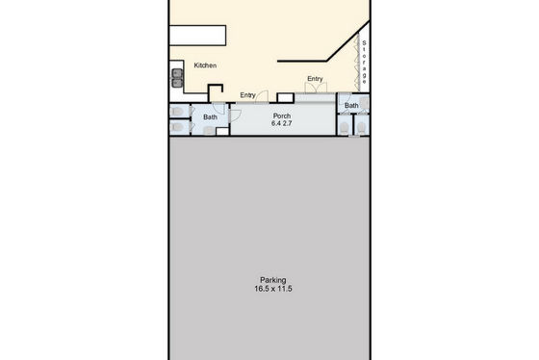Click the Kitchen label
point(205,65)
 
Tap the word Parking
point(273,280)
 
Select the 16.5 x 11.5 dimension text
point(273,289)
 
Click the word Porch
point(282,116)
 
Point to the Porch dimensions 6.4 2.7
point(281,123)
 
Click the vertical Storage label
point(364,63)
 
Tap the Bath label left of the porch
point(210,117)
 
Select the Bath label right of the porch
point(351,105)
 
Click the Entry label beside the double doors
point(315,79)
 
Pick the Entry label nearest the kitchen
point(248,95)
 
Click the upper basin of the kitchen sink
point(177,73)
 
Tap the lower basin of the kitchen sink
point(177,83)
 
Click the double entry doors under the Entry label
point(316,88)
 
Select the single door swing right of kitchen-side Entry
point(263,96)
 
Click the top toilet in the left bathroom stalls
point(177,112)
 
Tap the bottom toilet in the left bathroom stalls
point(177,127)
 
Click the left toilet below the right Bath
point(344,128)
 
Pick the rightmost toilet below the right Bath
point(361,128)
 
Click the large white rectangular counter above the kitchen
point(197,35)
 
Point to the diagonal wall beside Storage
point(348,41)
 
